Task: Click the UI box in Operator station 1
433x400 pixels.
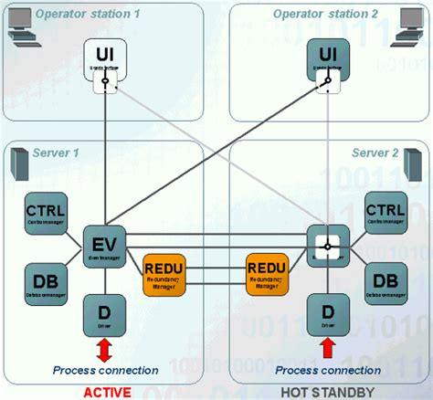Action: pos(105,57)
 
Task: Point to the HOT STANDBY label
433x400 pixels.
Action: pos(325,391)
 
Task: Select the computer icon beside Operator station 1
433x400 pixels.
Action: pos(24,39)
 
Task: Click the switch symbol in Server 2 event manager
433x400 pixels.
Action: pos(323,245)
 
